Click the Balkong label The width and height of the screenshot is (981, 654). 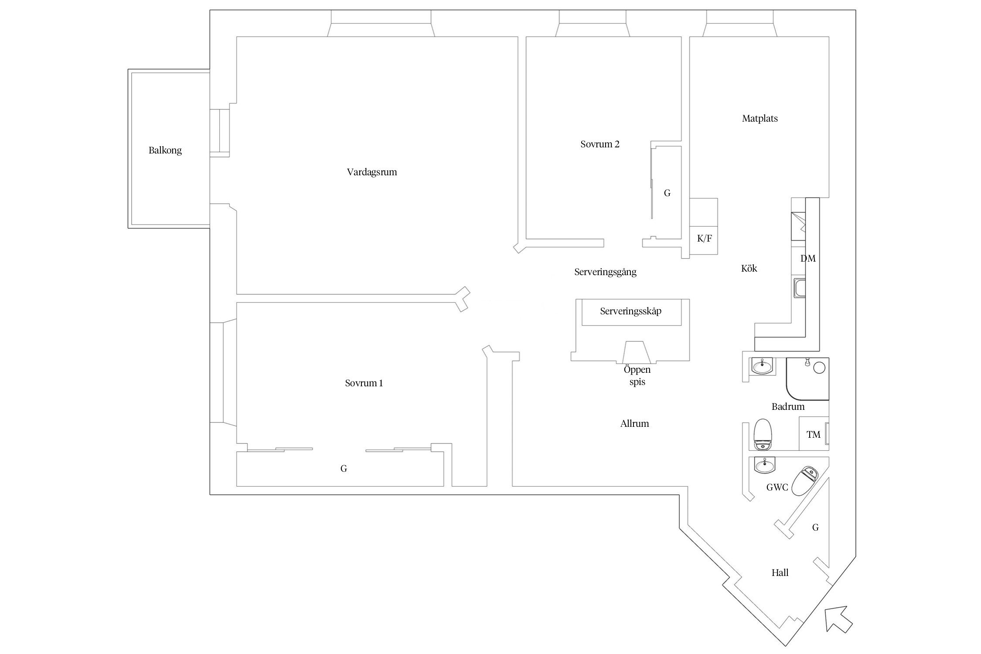[x=165, y=150]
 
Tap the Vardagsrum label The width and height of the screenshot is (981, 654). [x=372, y=172]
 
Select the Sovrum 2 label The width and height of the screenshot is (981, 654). [x=599, y=144]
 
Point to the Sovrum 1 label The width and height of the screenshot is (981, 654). [x=364, y=383]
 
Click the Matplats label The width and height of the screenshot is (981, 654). [x=760, y=119]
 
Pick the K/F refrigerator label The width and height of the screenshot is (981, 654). [x=704, y=238]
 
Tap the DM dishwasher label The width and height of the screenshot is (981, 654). [x=807, y=259]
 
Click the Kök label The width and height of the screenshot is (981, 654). [x=749, y=269]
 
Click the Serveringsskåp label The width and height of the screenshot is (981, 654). [x=630, y=311]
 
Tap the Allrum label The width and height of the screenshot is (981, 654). [x=634, y=424]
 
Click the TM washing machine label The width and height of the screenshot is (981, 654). [x=814, y=435]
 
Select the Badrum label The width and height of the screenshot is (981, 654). [x=788, y=407]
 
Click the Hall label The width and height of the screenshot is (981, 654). [x=780, y=573]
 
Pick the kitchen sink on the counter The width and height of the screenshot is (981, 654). [x=799, y=289]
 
